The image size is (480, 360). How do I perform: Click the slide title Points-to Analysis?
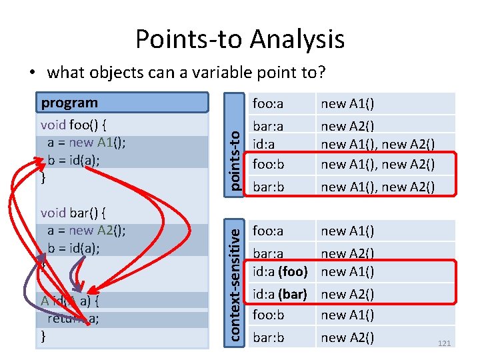(x=240, y=39)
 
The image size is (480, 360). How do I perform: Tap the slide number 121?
(x=443, y=343)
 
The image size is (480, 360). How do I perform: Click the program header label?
(x=69, y=103)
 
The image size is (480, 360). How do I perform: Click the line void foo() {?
(x=75, y=125)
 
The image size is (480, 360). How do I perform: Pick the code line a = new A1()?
(x=87, y=142)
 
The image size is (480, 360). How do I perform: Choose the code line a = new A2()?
(x=87, y=231)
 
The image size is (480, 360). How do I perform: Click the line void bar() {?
(x=75, y=213)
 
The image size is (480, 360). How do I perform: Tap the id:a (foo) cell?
(x=280, y=271)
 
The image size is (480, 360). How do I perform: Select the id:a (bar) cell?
(x=280, y=294)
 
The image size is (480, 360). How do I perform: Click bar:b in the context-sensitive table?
(x=269, y=337)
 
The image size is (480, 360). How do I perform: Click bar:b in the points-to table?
(x=269, y=187)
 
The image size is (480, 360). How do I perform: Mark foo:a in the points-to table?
(x=268, y=103)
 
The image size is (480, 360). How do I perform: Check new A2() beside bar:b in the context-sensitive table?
(x=347, y=337)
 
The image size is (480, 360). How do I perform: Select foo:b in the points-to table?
(x=269, y=164)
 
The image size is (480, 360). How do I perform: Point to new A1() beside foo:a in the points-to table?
(x=347, y=103)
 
